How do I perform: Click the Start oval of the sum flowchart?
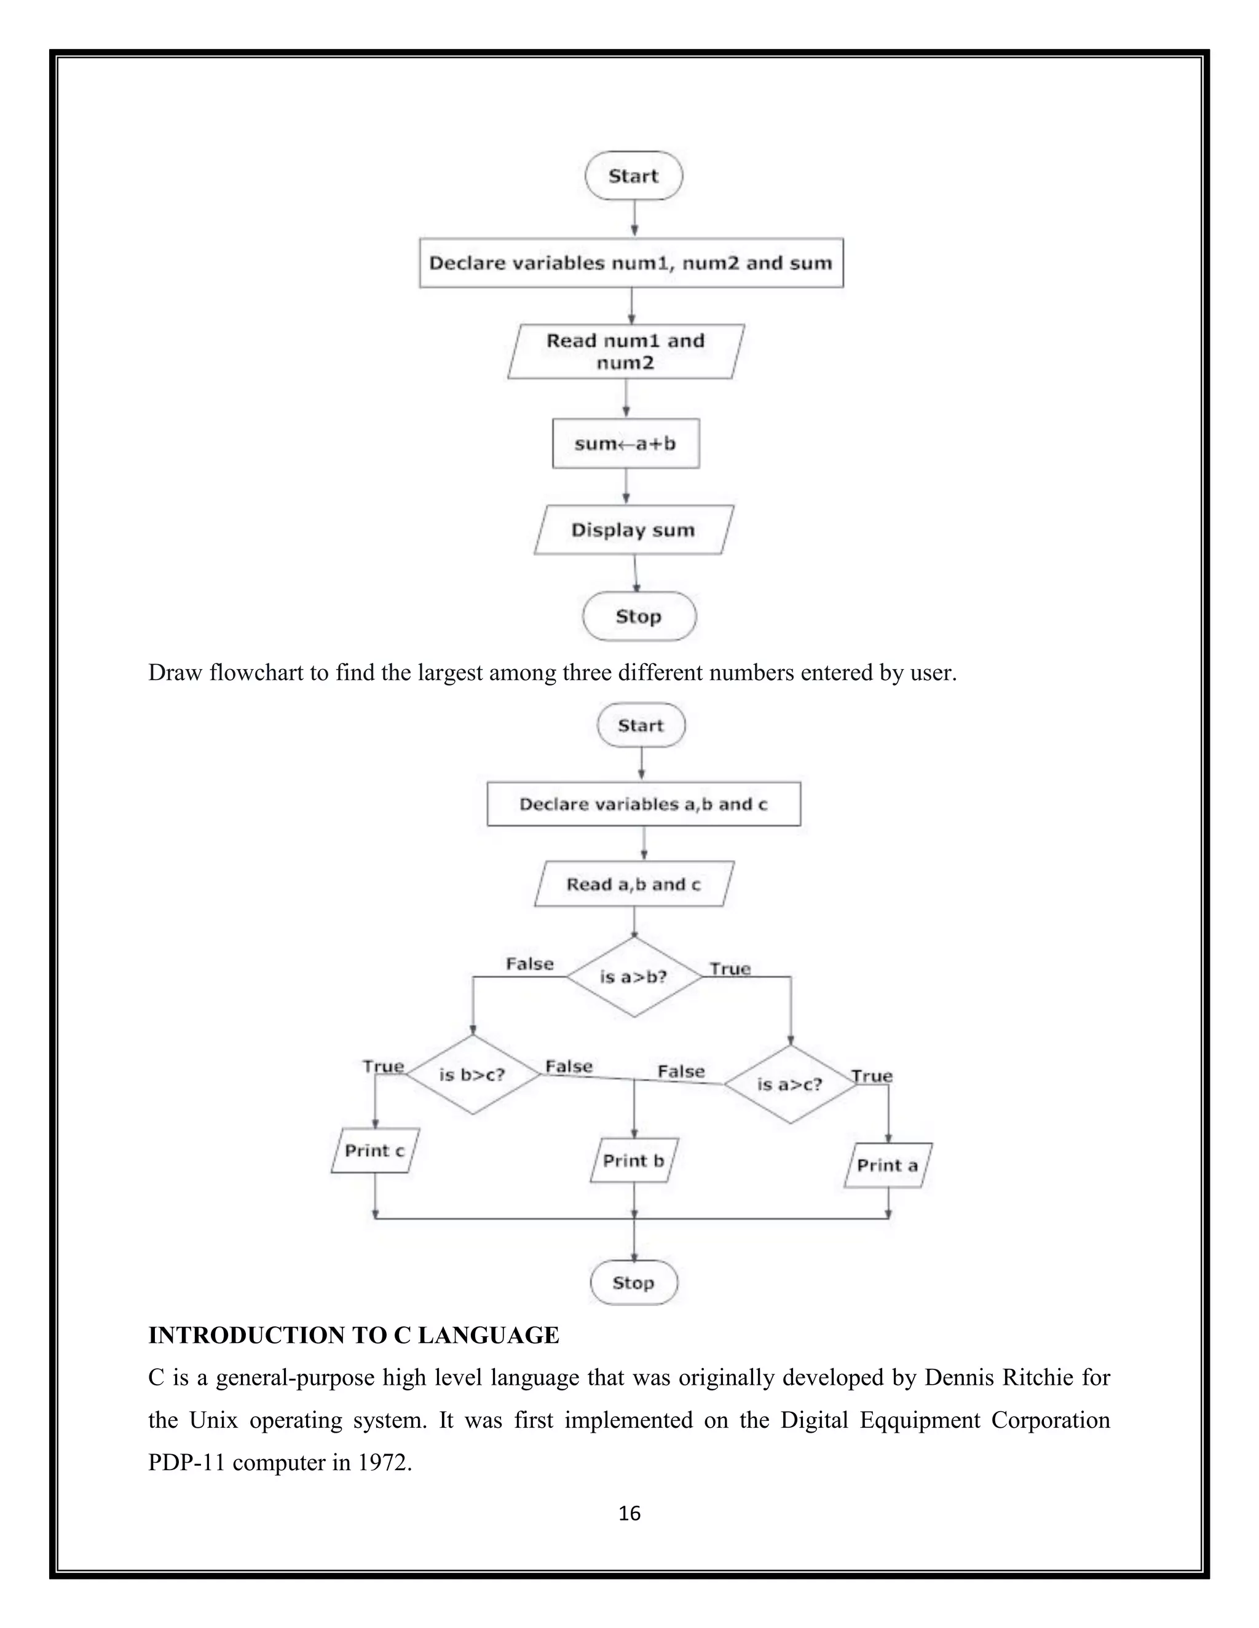click(x=633, y=176)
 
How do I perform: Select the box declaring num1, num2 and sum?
click(x=631, y=263)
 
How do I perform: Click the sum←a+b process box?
click(x=626, y=444)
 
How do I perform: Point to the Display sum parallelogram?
click(x=633, y=530)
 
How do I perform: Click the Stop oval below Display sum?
click(x=639, y=616)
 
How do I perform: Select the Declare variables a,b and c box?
click(x=643, y=804)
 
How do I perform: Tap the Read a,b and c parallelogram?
click(x=634, y=885)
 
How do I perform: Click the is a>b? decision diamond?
click(x=634, y=977)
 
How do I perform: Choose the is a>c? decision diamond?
click(x=790, y=1084)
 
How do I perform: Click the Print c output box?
click(x=374, y=1151)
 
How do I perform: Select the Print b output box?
click(x=634, y=1160)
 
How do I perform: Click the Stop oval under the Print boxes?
click(x=634, y=1283)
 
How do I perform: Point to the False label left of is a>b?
click(x=529, y=965)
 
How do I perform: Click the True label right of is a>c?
click(x=872, y=1076)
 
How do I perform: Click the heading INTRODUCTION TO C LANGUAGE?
click(x=353, y=1335)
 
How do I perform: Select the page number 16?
click(x=629, y=1514)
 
